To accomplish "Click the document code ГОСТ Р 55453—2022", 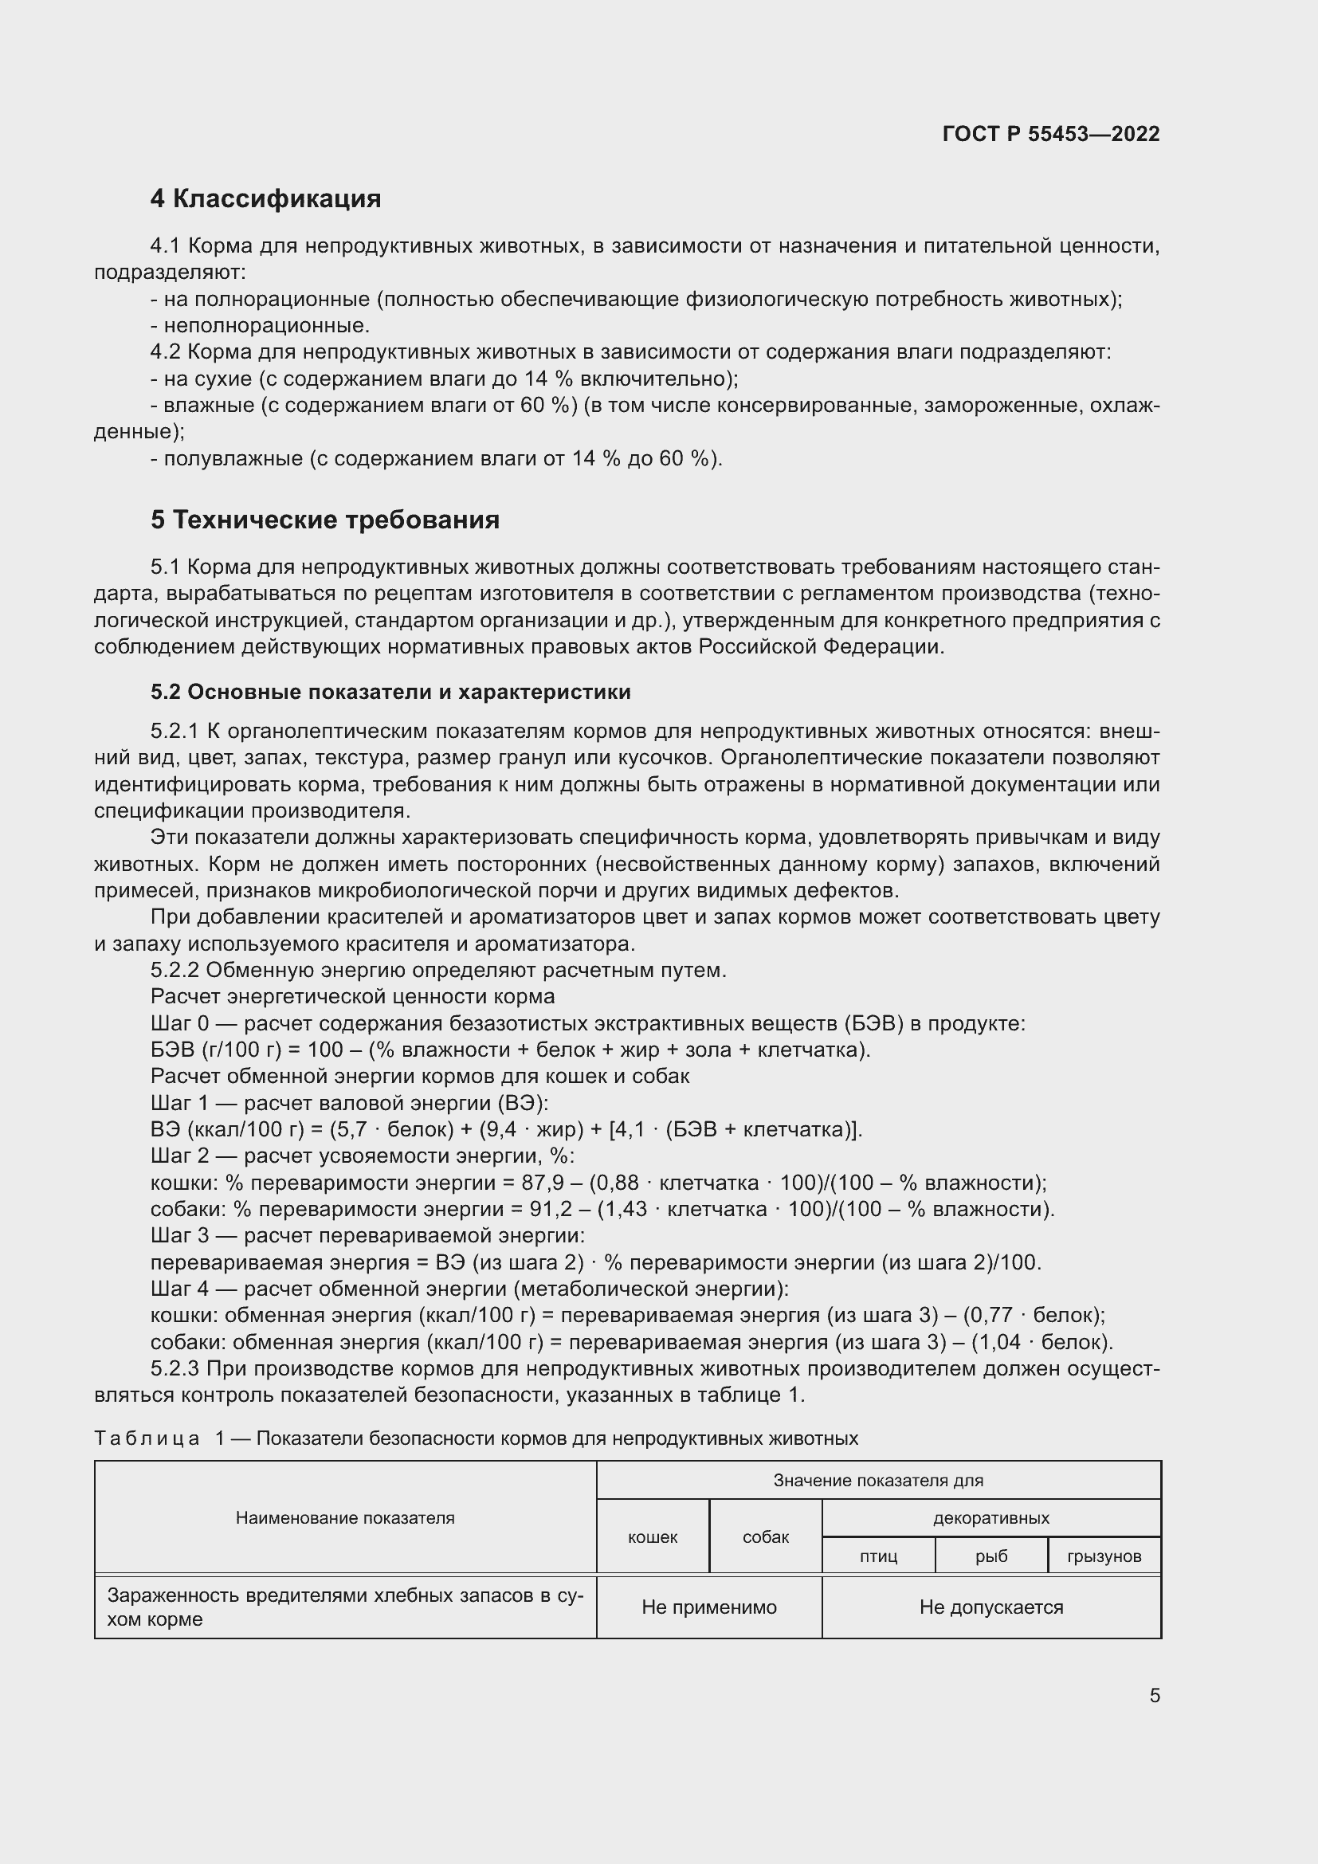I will pyautogui.click(x=1051, y=134).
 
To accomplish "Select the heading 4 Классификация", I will pyautogui.click(x=265, y=199).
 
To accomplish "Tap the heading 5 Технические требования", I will pyautogui.click(x=324, y=520).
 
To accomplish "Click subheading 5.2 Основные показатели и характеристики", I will pyautogui.click(x=390, y=692).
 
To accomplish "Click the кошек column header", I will pyautogui.click(x=653, y=1536).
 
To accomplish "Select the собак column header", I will pyautogui.click(x=765, y=1536).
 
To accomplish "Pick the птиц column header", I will pyautogui.click(x=878, y=1556).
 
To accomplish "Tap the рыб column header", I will pyautogui.click(x=991, y=1556).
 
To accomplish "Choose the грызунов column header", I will pyautogui.click(x=1104, y=1556).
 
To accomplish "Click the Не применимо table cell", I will pyautogui.click(x=708, y=1607).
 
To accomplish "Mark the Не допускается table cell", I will pyautogui.click(x=991, y=1607).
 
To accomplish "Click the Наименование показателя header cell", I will pyautogui.click(x=345, y=1517).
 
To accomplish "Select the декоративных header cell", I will pyautogui.click(x=991, y=1517).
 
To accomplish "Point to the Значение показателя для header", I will pyautogui.click(x=878, y=1480).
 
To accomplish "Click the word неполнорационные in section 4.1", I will pyautogui.click(x=266, y=327).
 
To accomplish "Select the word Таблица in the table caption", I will pyautogui.click(x=147, y=1438).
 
